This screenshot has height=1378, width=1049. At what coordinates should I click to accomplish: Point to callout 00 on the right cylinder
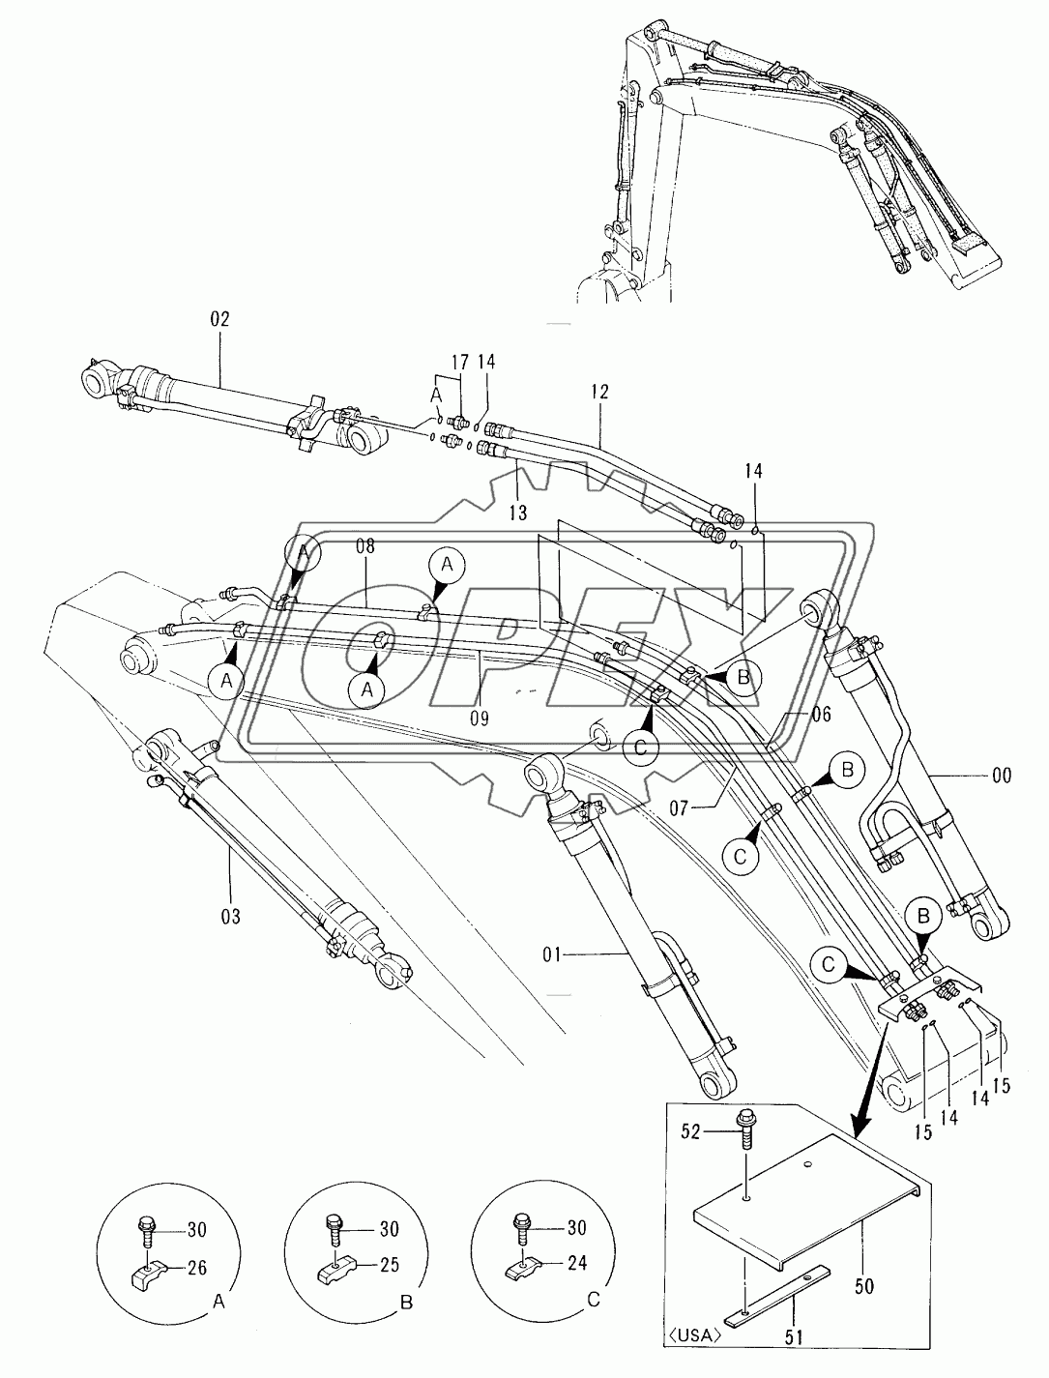(x=1002, y=775)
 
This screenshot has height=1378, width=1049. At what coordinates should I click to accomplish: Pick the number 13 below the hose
(x=518, y=512)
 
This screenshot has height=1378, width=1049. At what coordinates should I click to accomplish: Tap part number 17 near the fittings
(x=459, y=363)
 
